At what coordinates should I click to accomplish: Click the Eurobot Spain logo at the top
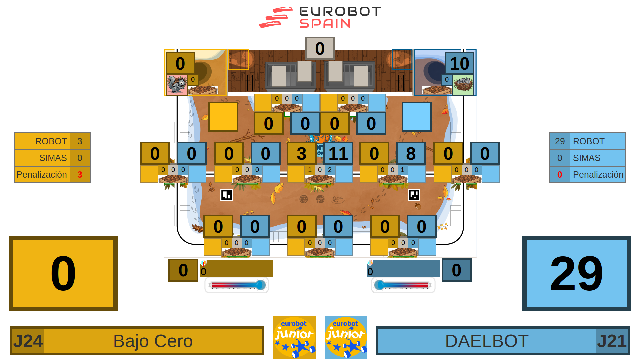(x=320, y=17)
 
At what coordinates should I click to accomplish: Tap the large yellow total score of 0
(x=63, y=273)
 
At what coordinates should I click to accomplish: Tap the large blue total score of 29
(x=576, y=273)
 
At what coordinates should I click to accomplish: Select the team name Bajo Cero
(x=153, y=341)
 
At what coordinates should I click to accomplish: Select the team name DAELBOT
(x=487, y=341)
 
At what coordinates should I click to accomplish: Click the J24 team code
(x=28, y=341)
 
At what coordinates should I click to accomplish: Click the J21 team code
(x=612, y=341)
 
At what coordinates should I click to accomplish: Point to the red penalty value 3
(x=80, y=175)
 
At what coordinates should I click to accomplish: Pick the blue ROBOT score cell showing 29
(x=560, y=141)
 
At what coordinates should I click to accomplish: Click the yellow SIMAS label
(x=53, y=158)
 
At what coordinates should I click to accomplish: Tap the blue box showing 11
(x=338, y=154)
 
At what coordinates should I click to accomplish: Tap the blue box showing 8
(x=411, y=154)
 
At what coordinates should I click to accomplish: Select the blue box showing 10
(x=459, y=64)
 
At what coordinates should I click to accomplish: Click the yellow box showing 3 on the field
(x=301, y=154)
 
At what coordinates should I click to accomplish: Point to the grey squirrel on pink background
(x=176, y=85)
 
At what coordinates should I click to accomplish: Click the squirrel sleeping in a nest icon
(x=463, y=84)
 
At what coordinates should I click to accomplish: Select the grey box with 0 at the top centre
(x=320, y=49)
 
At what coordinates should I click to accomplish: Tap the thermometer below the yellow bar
(x=237, y=285)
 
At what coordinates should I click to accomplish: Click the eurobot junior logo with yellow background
(x=294, y=338)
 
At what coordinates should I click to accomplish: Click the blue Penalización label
(x=598, y=175)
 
